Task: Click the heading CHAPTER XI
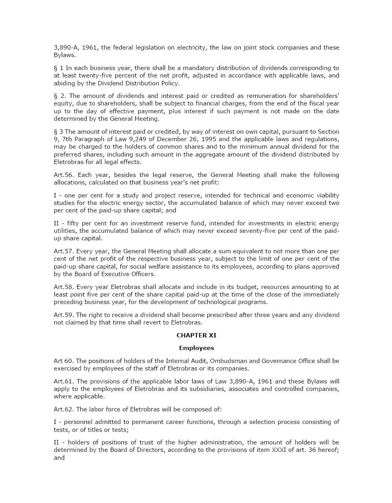196,335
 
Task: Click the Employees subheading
196,348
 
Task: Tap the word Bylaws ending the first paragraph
64,55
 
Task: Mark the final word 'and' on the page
59,458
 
